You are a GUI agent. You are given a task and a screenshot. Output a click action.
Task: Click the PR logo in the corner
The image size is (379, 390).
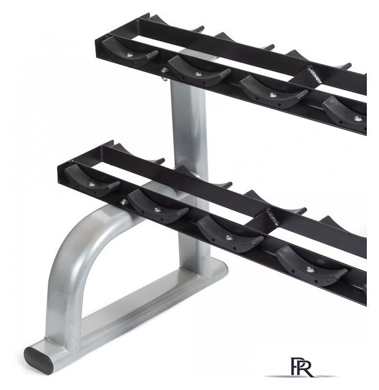[302, 367]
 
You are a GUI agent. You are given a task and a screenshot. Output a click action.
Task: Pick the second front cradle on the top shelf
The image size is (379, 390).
[199, 71]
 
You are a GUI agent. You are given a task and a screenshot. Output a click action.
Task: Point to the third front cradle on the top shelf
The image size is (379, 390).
[274, 92]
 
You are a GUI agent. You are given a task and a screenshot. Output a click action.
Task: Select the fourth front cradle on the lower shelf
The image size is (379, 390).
[311, 266]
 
